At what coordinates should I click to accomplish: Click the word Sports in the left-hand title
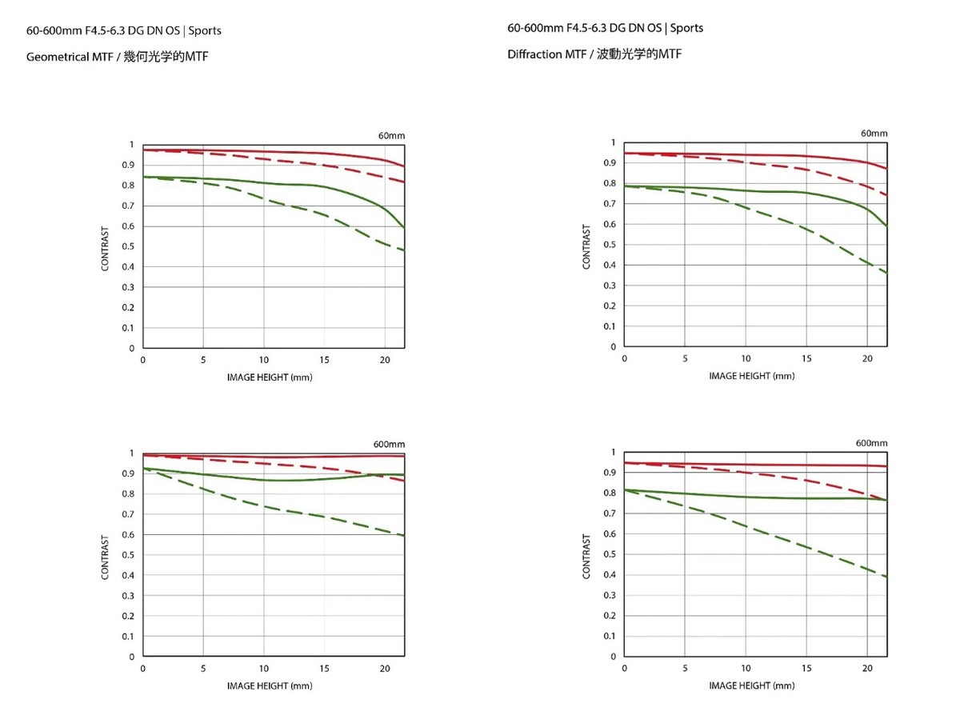point(206,30)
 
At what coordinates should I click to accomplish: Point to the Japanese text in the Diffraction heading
point(639,54)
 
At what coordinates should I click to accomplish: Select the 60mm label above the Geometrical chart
point(391,136)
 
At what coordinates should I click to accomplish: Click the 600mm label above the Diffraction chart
point(871,443)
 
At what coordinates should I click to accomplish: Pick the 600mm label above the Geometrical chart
point(389,444)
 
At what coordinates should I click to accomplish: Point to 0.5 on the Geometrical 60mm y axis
point(128,246)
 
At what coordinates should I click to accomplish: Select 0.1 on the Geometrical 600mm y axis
point(128,637)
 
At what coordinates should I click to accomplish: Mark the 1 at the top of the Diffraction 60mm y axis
point(613,142)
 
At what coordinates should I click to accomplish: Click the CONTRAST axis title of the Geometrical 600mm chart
point(105,557)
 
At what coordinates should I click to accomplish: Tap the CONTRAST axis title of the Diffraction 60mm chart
point(586,246)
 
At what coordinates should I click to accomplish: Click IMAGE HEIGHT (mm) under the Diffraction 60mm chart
point(751,376)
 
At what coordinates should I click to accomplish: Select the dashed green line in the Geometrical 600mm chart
point(264,507)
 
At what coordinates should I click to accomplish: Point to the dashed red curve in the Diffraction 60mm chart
point(800,168)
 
